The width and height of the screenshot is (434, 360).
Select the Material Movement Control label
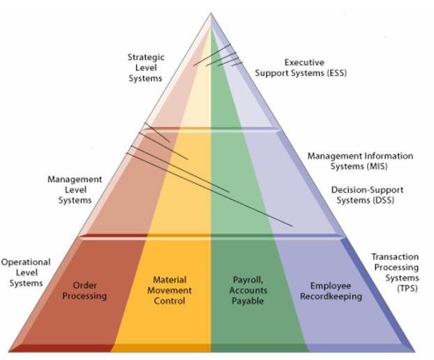(x=169, y=290)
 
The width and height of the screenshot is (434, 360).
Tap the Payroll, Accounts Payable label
(x=248, y=290)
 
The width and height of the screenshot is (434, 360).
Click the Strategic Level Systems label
(x=145, y=68)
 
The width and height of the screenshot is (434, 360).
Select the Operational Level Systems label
(x=26, y=272)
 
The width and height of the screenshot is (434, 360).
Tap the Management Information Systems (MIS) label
(x=360, y=161)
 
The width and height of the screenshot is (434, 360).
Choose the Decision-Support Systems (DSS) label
(x=367, y=195)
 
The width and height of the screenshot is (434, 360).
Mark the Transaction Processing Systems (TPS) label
(x=395, y=272)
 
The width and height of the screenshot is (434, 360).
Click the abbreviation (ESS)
(x=334, y=73)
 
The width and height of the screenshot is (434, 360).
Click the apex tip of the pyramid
(x=211, y=14)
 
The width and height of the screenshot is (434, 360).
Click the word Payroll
(x=248, y=280)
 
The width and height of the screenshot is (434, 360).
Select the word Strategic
(x=145, y=57)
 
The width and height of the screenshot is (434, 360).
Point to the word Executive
(x=304, y=63)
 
